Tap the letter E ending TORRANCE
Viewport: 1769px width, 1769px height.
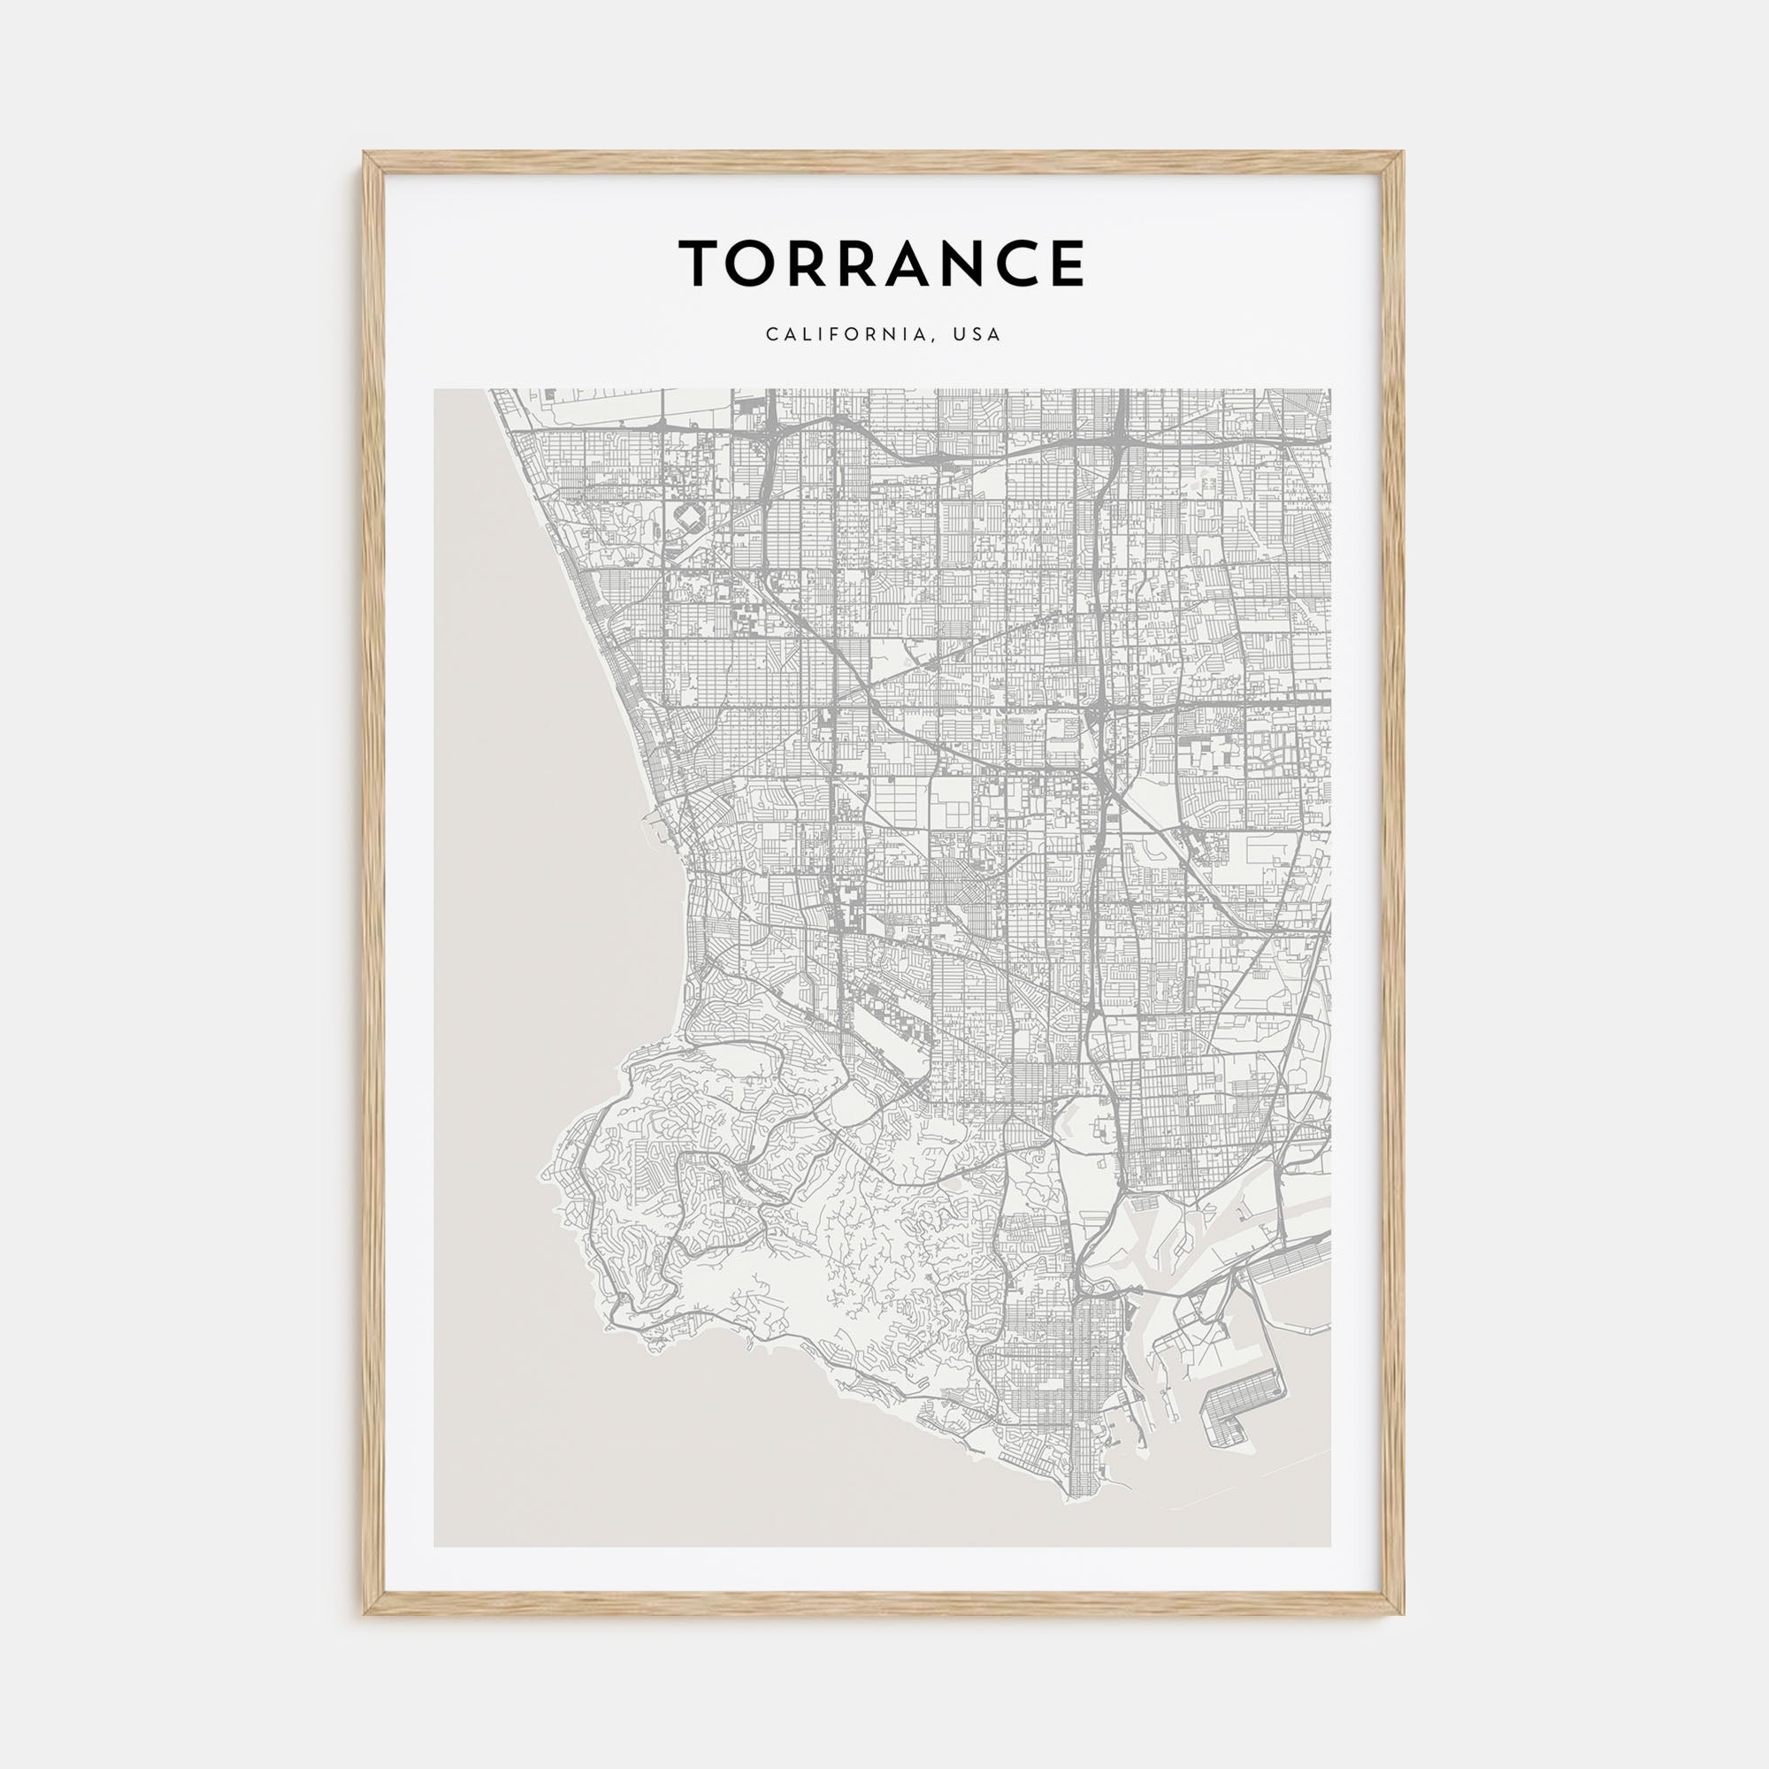coord(1066,264)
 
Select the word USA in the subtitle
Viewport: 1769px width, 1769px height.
coord(976,335)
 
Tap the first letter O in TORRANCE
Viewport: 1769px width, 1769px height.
coord(751,264)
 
